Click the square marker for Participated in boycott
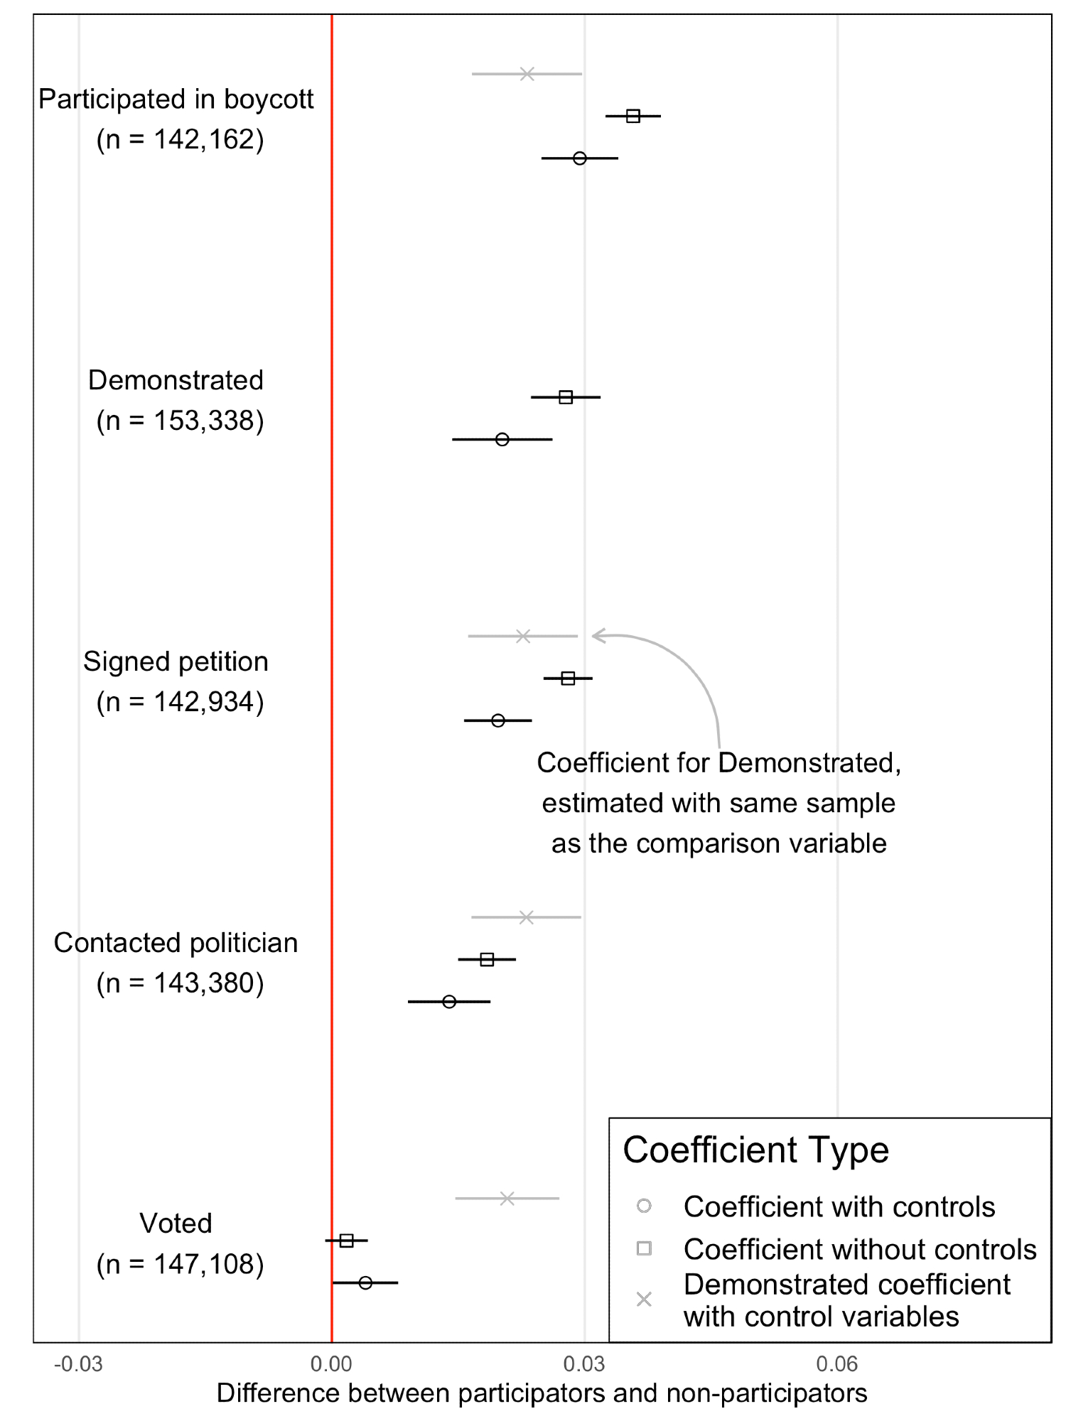(632, 116)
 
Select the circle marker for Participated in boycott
(580, 158)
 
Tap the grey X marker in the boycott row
(527, 74)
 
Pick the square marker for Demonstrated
(566, 397)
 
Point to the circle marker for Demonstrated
(502, 439)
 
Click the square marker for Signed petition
(568, 679)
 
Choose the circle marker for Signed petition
(498, 720)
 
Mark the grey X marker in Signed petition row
(523, 636)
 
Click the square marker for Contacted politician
(487, 960)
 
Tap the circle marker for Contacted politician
(449, 1002)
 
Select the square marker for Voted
(347, 1241)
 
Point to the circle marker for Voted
(365, 1282)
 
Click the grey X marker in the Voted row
(507, 1199)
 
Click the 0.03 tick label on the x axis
(584, 1364)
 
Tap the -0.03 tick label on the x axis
(78, 1364)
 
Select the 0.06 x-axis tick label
(837, 1364)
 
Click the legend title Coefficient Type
(755, 1150)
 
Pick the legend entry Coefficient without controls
(859, 1249)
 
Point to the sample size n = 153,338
(181, 421)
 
